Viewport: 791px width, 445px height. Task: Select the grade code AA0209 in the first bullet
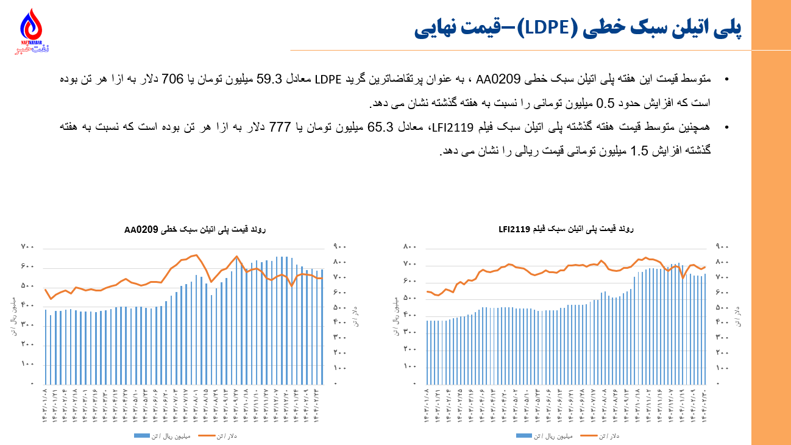click(498, 80)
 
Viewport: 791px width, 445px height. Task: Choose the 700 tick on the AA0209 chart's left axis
click(27, 247)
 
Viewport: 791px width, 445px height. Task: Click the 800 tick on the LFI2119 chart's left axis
click(409, 247)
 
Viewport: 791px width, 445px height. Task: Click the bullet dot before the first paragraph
click(726, 80)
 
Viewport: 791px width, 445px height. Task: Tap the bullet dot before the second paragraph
click(726, 128)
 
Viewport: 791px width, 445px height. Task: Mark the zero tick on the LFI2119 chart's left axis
click(414, 383)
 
